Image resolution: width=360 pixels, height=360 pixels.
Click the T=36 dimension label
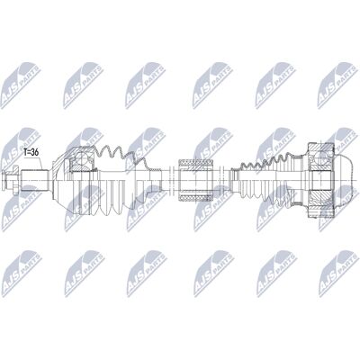tap(31, 152)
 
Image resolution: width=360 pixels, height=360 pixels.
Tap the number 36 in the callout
tap(35, 152)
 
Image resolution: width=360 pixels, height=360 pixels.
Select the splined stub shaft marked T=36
tap(35, 180)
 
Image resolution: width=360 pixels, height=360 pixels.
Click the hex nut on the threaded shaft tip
tap(11, 180)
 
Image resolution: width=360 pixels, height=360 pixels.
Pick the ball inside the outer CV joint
tap(81, 158)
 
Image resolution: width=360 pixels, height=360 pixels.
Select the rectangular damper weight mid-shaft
tap(196, 180)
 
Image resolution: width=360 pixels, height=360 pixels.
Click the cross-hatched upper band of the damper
tap(196, 163)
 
